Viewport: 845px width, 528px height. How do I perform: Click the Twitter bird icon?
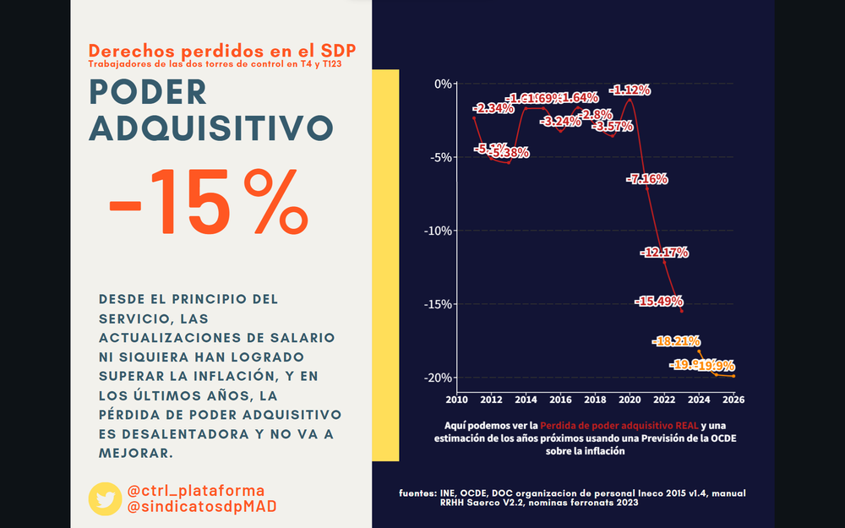(105, 498)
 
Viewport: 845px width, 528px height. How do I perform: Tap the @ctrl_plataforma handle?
(195, 490)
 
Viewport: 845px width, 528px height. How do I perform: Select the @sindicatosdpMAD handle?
(201, 506)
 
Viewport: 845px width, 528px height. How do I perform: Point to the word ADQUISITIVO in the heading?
(210, 128)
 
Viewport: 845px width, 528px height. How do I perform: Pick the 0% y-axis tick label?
(443, 84)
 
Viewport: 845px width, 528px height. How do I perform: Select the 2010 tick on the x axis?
(456, 399)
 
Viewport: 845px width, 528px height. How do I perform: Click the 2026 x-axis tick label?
(733, 399)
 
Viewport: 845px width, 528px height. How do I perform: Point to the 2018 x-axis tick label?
(595, 399)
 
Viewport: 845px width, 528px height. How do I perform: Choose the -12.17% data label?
(665, 253)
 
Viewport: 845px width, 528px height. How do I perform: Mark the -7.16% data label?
(647, 179)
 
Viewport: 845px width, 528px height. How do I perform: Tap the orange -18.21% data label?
(677, 341)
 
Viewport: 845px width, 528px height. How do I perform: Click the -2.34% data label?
(493, 109)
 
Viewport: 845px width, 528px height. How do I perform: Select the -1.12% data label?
(630, 90)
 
